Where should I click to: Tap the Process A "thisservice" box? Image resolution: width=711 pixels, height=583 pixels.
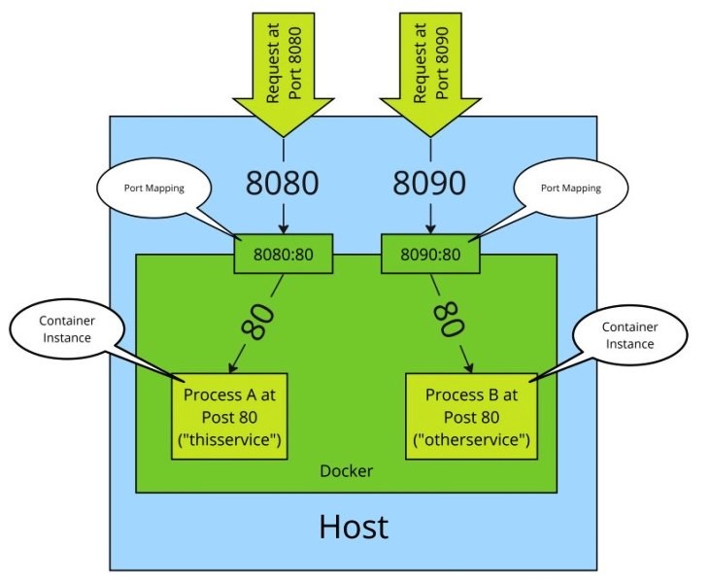(229, 419)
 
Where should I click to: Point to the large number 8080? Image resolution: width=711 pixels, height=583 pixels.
(282, 184)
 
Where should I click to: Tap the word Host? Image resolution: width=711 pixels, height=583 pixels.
(353, 526)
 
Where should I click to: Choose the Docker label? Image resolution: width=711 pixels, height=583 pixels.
(347, 471)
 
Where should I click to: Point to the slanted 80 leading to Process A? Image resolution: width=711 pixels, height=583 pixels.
(256, 322)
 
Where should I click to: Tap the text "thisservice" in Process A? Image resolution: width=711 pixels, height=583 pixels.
(229, 441)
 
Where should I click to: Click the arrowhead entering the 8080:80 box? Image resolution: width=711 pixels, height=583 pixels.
(283, 229)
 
